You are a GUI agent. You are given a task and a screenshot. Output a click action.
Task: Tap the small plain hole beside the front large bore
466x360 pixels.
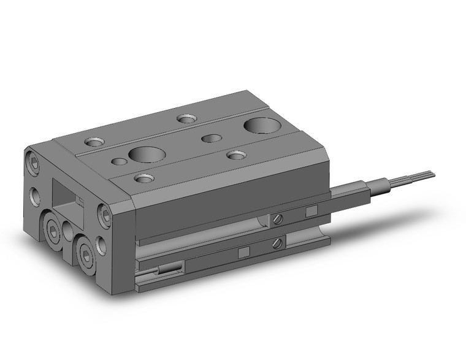(x=118, y=162)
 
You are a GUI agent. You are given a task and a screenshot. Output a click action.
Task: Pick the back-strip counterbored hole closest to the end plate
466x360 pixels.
(x=94, y=142)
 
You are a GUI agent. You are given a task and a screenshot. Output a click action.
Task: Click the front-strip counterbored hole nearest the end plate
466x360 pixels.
(x=143, y=178)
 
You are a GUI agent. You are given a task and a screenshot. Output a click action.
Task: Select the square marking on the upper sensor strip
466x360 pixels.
(x=311, y=212)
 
